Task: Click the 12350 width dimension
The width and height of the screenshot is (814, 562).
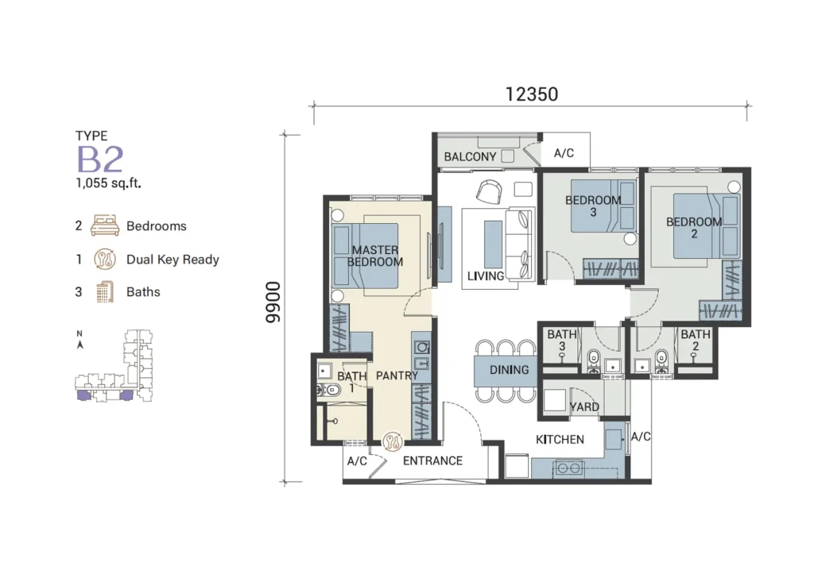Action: pyautogui.click(x=532, y=94)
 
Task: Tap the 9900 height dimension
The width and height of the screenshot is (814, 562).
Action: pyautogui.click(x=273, y=302)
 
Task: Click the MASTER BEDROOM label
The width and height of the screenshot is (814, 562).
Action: pyautogui.click(x=375, y=256)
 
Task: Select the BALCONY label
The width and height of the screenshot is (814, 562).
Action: pyautogui.click(x=470, y=156)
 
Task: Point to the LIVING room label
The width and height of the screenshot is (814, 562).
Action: pyautogui.click(x=486, y=276)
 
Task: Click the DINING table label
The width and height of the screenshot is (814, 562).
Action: pyautogui.click(x=509, y=370)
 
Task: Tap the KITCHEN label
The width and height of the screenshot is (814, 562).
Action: pyautogui.click(x=560, y=440)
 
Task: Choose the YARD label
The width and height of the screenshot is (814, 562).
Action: pyautogui.click(x=584, y=407)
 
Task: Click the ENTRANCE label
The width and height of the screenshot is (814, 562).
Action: pyautogui.click(x=432, y=461)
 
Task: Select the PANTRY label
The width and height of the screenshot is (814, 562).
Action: pyautogui.click(x=397, y=375)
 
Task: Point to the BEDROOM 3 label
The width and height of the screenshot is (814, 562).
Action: pyautogui.click(x=593, y=206)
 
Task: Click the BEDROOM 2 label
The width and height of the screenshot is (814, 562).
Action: pyautogui.click(x=694, y=228)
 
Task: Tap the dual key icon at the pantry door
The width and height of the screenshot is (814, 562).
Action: pyautogui.click(x=393, y=441)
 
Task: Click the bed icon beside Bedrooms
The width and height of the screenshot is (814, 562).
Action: pyautogui.click(x=105, y=225)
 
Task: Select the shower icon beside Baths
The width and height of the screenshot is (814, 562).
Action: pyautogui.click(x=105, y=292)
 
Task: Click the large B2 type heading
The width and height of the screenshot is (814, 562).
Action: pyautogui.click(x=101, y=160)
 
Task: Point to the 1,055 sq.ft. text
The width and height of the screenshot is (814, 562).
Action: pyautogui.click(x=108, y=183)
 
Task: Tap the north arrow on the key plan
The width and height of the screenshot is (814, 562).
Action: pyautogui.click(x=80, y=345)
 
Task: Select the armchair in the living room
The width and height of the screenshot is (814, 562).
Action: pyautogui.click(x=489, y=191)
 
